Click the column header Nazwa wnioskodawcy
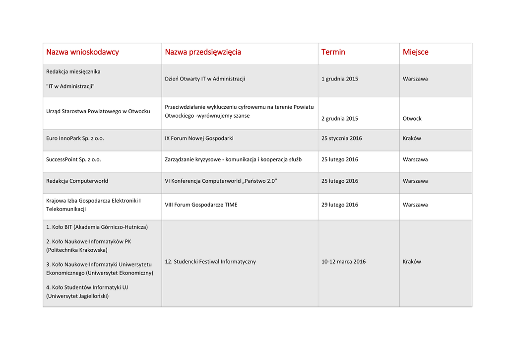point(82,52)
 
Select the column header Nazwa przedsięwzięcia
point(203,52)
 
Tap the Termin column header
point(333,52)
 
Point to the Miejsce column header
point(416,52)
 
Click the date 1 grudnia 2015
point(340,79)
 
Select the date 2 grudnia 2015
point(340,119)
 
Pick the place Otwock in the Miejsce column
point(412,119)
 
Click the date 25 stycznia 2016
point(342,139)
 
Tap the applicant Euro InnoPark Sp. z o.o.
point(75,139)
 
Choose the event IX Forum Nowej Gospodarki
point(199,139)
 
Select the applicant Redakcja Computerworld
point(77,181)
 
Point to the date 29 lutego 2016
point(340,205)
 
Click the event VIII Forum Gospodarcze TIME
point(201,205)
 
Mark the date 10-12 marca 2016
point(343,262)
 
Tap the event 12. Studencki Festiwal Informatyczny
point(210,262)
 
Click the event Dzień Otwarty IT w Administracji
point(205,79)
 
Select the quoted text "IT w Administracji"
point(70,86)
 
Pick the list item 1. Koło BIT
point(97,227)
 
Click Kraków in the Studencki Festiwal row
point(412,262)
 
